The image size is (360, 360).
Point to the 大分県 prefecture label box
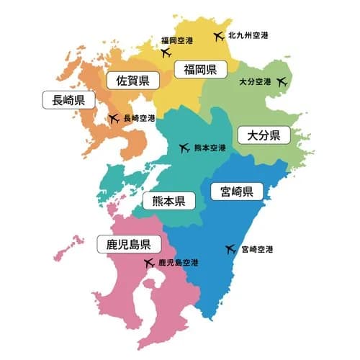263,135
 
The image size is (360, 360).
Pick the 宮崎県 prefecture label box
237,192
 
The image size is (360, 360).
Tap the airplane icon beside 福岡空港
166,52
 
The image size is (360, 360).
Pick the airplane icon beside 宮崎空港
230,250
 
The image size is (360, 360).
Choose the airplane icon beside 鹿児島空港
148,264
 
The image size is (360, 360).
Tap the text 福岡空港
176,40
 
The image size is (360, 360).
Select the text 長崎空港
140,118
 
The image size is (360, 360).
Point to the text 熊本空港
210,148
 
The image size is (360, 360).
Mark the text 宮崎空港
258,250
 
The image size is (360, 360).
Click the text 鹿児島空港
179,264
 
